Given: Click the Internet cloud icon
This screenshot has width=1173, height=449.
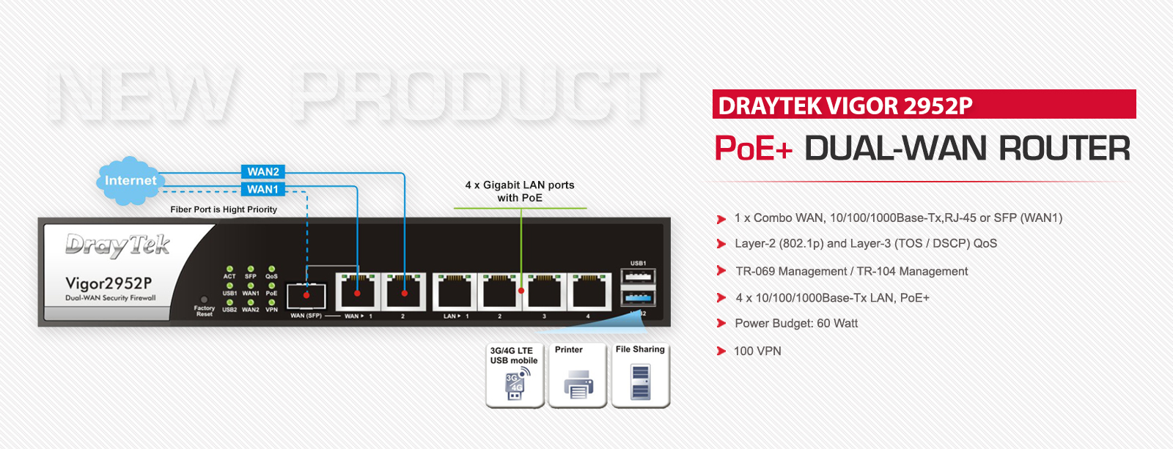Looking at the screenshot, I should click(x=129, y=180).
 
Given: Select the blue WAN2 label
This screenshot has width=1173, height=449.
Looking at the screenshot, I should click(x=262, y=171).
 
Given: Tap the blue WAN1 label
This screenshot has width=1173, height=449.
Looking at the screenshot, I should click(x=262, y=189).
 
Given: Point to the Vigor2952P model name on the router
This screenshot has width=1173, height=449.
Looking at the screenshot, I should click(x=109, y=283).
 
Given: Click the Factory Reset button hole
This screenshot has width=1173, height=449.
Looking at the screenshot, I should click(x=204, y=300).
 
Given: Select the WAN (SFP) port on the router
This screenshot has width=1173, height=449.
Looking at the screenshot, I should click(x=306, y=295).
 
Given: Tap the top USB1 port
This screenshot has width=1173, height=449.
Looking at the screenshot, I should click(x=638, y=277).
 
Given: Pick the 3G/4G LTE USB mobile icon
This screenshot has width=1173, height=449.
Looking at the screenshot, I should click(x=515, y=375).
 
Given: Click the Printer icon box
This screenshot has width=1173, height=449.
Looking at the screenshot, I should click(x=578, y=375).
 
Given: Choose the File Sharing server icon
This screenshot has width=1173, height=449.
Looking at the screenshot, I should click(x=641, y=375).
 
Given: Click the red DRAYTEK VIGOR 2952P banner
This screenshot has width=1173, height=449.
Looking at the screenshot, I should click(x=924, y=105).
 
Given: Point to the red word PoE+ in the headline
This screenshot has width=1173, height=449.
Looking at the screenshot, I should click(x=753, y=149).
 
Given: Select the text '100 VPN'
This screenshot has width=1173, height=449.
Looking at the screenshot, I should click(x=757, y=351).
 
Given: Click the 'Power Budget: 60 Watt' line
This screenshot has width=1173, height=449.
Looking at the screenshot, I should click(x=796, y=323).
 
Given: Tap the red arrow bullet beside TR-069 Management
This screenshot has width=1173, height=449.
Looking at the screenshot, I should click(x=721, y=271).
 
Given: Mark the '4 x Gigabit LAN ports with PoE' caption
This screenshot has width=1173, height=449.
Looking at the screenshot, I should click(x=520, y=191).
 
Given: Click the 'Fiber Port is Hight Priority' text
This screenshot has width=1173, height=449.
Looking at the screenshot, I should click(x=224, y=209).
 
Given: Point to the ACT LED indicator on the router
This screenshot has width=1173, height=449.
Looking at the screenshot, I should click(x=229, y=270).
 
